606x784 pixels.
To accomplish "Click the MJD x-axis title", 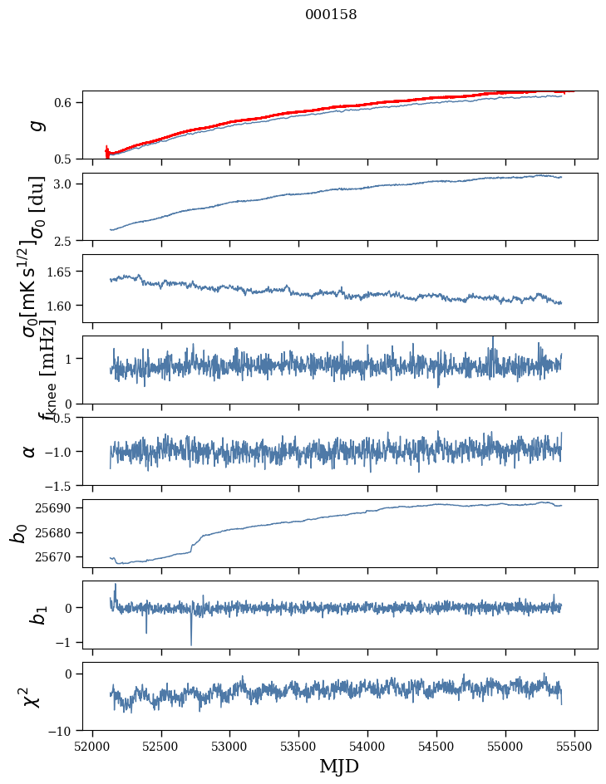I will [x=340, y=767].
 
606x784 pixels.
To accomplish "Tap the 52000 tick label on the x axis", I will [x=92, y=745].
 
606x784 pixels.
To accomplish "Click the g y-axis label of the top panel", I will [x=35, y=125].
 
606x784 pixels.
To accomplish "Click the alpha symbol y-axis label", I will [x=30, y=451].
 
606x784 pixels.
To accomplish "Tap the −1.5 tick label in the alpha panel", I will [x=60, y=485].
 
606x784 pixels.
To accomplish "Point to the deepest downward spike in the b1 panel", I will [x=191, y=644].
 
